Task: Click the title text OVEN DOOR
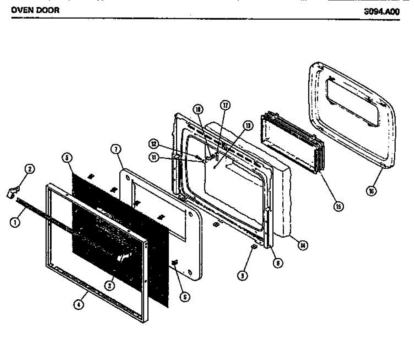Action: (x=35, y=10)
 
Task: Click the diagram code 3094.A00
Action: (x=382, y=12)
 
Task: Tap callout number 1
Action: (x=14, y=222)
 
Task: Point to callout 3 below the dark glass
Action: (x=109, y=285)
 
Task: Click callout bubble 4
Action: (x=79, y=305)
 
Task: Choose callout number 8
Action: (x=278, y=263)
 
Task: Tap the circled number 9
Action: (x=243, y=276)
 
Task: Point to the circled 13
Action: (x=247, y=126)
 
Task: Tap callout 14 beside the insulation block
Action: (x=303, y=246)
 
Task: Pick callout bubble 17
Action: (x=225, y=106)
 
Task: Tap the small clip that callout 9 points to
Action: (x=253, y=247)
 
